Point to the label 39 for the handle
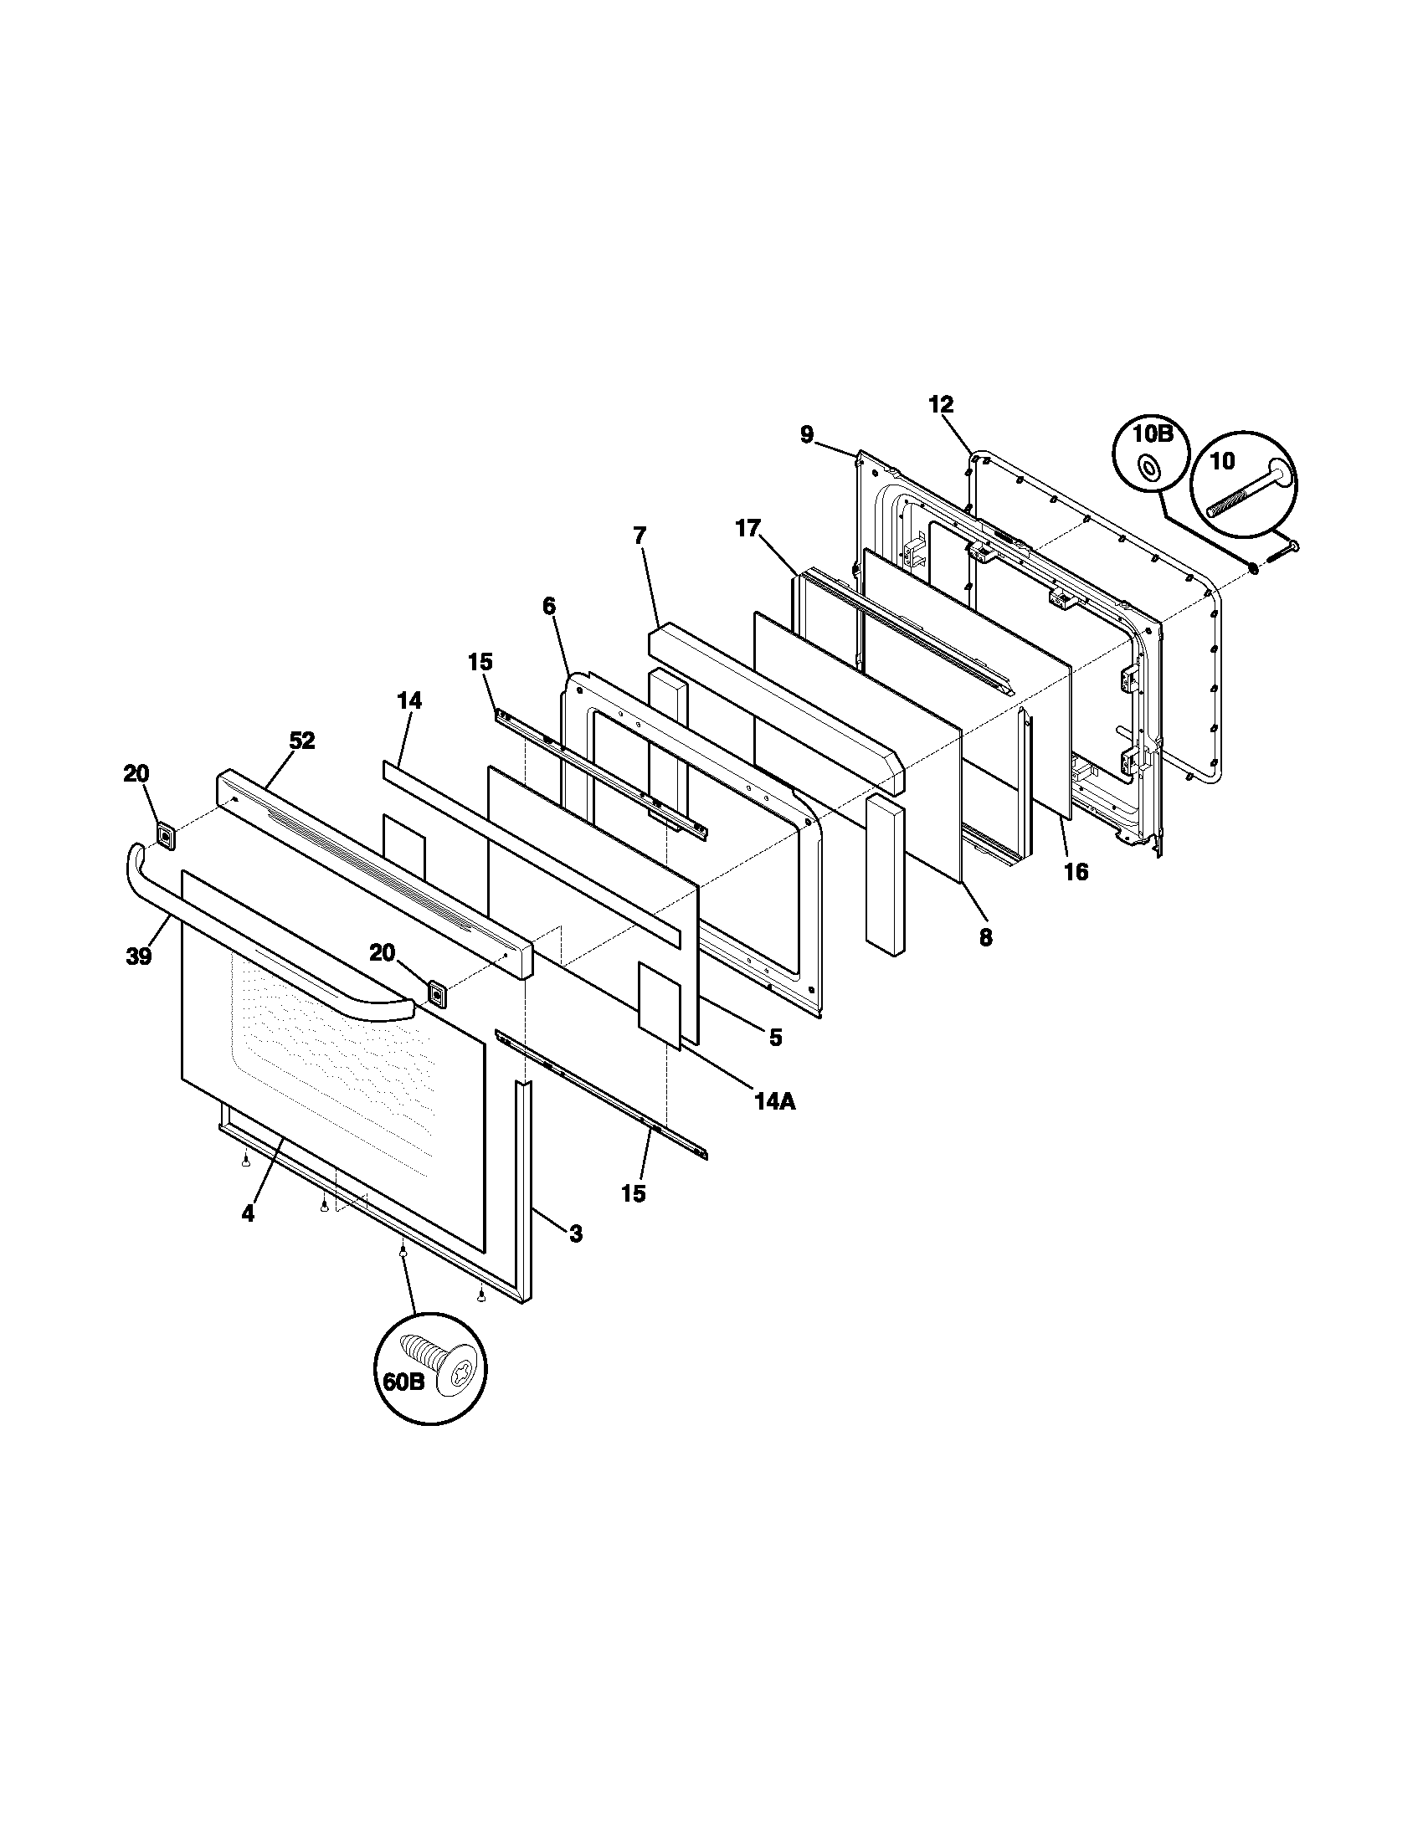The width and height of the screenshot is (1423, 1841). pyautogui.click(x=139, y=956)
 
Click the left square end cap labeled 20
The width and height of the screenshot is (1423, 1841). pyautogui.click(x=166, y=837)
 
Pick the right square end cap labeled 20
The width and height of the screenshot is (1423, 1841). pyautogui.click(x=438, y=994)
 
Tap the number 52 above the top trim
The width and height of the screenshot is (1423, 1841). pyautogui.click(x=302, y=740)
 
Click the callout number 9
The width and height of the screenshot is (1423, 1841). pyautogui.click(x=808, y=435)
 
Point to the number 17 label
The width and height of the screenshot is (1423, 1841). pyautogui.click(x=747, y=529)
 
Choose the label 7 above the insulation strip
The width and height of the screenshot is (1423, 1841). pyautogui.click(x=639, y=535)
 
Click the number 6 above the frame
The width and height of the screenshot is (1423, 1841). pyautogui.click(x=549, y=605)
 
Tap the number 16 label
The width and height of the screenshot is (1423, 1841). pyautogui.click(x=1076, y=871)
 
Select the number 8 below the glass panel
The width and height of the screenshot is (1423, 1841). pyautogui.click(x=985, y=936)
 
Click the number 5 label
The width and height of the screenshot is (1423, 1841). pyautogui.click(x=775, y=1037)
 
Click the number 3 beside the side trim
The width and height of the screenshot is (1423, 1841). pyautogui.click(x=575, y=1234)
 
